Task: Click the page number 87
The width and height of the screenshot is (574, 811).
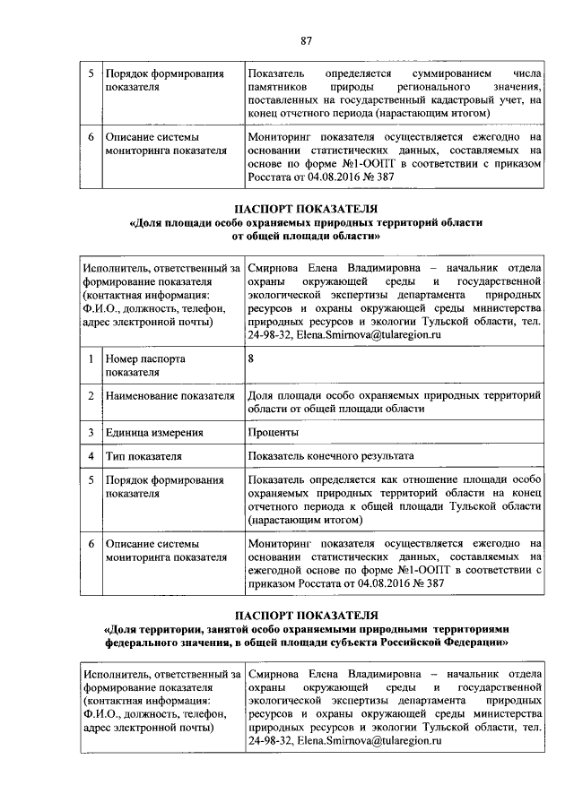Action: [306, 40]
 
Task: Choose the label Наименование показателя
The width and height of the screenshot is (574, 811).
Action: [163, 395]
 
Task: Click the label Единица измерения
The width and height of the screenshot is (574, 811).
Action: [153, 433]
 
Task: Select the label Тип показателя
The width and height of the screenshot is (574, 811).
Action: [143, 456]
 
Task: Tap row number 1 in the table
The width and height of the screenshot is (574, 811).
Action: [91, 358]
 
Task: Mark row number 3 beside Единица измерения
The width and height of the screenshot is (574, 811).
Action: [91, 433]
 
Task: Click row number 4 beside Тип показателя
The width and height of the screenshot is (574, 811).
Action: [91, 456]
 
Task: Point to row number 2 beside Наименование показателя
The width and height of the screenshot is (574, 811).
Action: [91, 395]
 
